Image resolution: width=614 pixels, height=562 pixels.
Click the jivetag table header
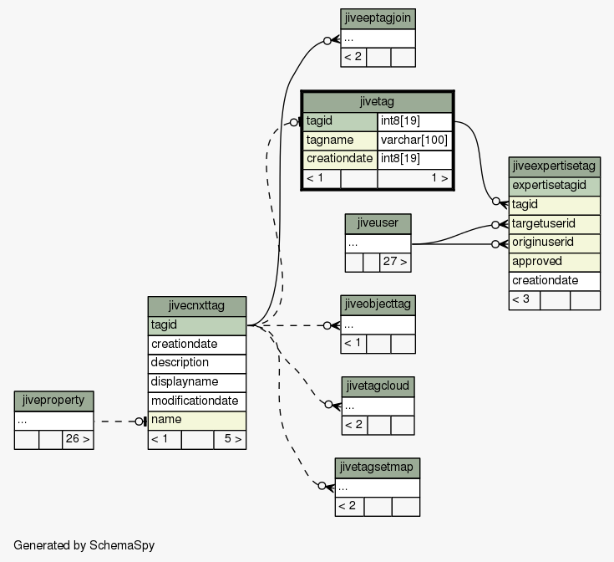tap(378, 102)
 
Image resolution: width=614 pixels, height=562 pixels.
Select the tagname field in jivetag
tap(340, 140)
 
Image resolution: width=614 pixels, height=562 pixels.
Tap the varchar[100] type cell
tap(414, 140)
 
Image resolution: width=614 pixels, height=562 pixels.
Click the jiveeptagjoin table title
tap(378, 18)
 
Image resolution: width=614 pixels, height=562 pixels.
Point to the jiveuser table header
tap(378, 224)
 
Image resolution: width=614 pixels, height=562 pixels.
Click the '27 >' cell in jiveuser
tap(395, 263)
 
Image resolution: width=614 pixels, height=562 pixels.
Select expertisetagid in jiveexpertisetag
tap(555, 186)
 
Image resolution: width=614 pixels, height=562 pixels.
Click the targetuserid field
tap(555, 224)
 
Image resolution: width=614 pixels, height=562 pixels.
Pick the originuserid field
tap(555, 243)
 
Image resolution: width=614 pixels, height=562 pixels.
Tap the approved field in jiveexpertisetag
tap(555, 263)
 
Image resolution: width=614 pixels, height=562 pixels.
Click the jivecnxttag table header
tap(197, 306)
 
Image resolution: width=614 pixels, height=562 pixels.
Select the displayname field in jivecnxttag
tap(197, 382)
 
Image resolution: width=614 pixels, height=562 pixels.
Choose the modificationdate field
tap(197, 401)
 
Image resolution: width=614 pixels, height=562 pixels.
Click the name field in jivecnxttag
tap(197, 421)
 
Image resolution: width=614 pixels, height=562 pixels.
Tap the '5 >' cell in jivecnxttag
tap(231, 440)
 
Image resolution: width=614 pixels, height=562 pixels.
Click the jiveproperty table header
tap(54, 401)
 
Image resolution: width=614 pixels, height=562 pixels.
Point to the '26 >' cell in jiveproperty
tap(78, 440)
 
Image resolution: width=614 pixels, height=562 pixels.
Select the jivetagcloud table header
tap(378, 386)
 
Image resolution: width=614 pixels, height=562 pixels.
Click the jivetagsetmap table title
tap(378, 468)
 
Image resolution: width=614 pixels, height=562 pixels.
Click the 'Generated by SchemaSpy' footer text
tap(84, 545)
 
